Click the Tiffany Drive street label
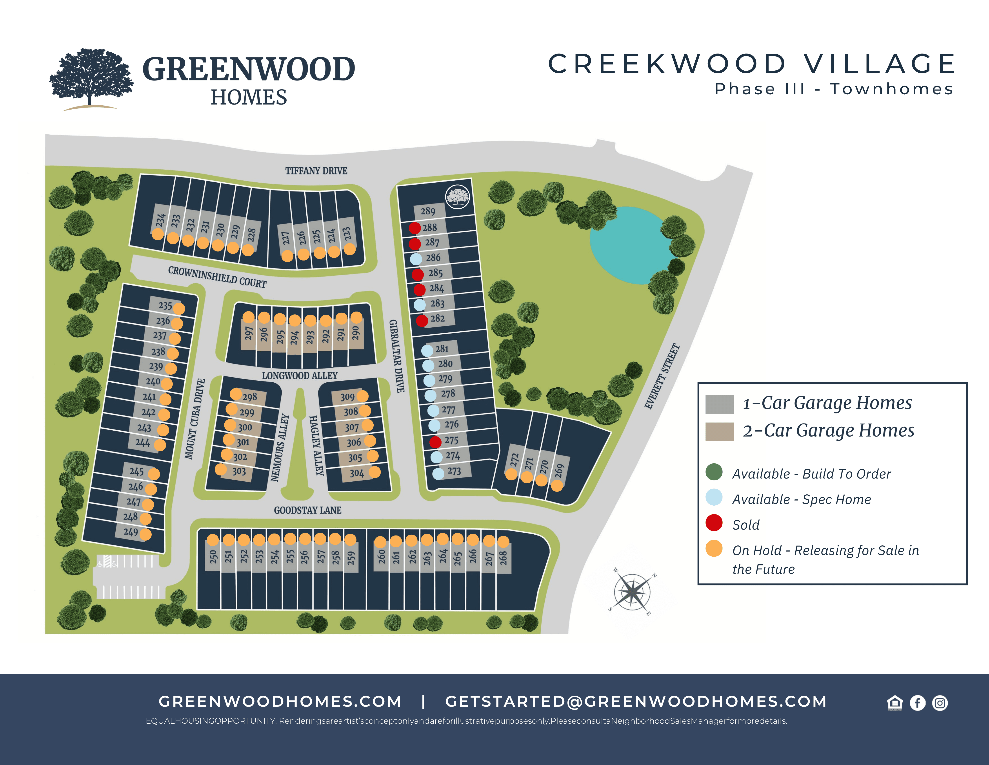pyautogui.click(x=316, y=171)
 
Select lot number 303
pyautogui.click(x=239, y=471)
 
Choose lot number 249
pyautogui.click(x=131, y=532)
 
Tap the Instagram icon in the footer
pyautogui.click(x=940, y=703)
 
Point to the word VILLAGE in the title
pyautogui.click(x=879, y=64)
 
